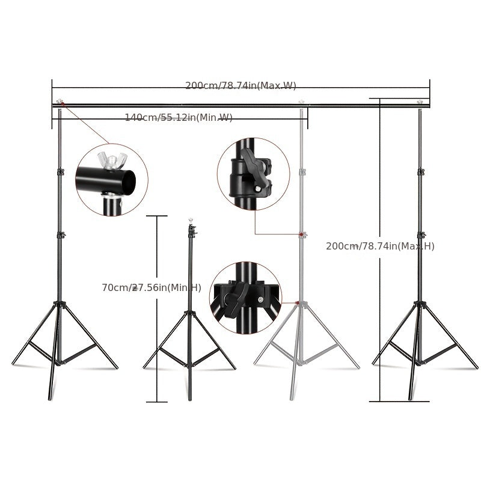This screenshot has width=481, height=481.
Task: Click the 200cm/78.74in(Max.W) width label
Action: point(240,85)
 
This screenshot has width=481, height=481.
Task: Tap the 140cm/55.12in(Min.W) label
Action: point(179,117)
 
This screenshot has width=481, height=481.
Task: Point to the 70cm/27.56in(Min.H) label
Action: point(152,288)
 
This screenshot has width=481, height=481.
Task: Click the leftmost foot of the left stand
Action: point(14,364)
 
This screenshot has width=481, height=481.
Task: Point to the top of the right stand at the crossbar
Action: point(420,104)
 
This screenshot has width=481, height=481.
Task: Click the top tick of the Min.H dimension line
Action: point(157,215)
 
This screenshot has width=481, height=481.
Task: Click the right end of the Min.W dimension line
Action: point(307,117)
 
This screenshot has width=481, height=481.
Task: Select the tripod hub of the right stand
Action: point(420,304)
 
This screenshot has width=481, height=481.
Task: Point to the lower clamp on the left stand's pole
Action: point(60,234)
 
